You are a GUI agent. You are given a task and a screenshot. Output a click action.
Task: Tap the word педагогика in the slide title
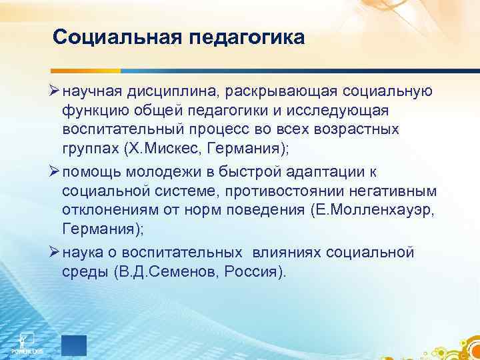coord(243,36)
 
